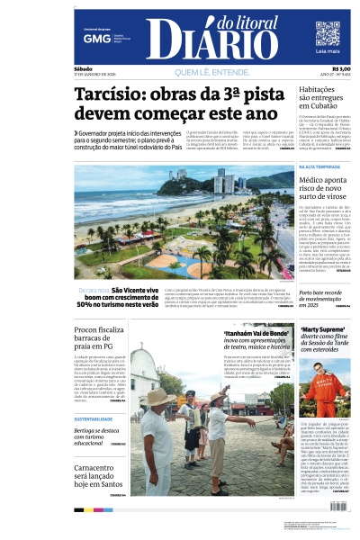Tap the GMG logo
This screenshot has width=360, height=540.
(91, 39)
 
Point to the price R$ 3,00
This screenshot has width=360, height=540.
(340, 69)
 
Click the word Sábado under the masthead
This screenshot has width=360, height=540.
(84, 68)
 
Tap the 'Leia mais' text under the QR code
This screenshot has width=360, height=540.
(328, 53)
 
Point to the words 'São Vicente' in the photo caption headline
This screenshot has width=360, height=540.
(129, 290)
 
